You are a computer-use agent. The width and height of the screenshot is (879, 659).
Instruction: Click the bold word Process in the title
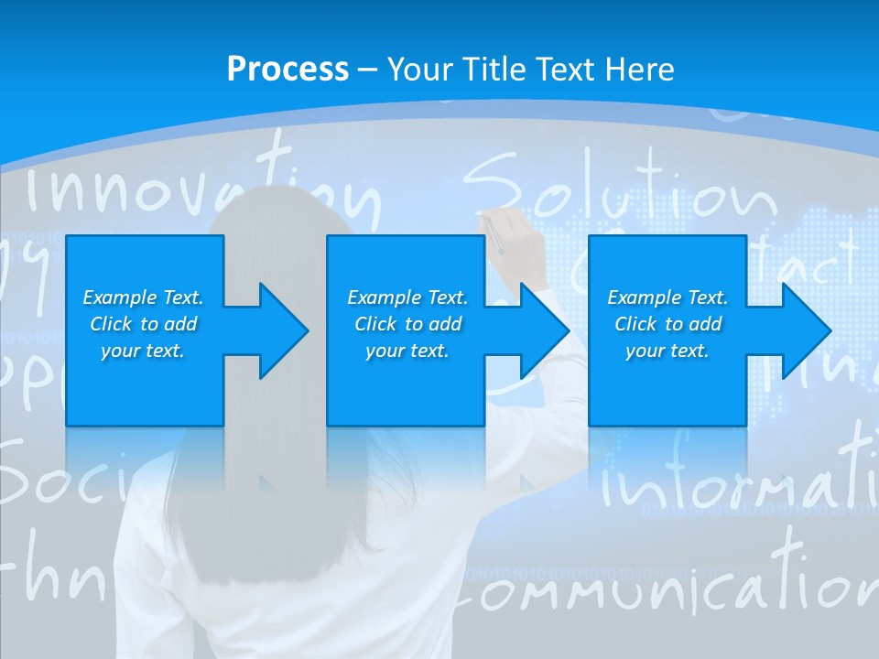pos(288,70)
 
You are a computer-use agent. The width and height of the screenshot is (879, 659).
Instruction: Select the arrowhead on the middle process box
pos(543,330)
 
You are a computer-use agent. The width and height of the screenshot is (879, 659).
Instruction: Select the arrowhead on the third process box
pos(804,330)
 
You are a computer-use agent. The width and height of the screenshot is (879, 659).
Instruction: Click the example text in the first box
pos(143,324)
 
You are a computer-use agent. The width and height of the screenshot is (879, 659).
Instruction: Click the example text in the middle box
pos(407,324)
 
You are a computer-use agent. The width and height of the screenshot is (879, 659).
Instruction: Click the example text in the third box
pos(667,324)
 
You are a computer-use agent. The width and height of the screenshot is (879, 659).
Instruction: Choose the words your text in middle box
pos(407,351)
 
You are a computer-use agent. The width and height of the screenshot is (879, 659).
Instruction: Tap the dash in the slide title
pos(367,70)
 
